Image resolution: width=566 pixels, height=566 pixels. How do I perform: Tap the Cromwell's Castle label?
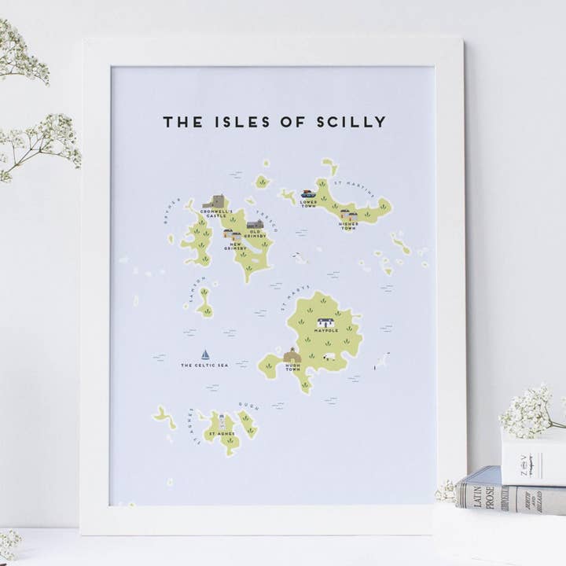(215, 215)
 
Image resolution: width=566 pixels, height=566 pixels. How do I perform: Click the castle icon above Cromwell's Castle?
(213, 201)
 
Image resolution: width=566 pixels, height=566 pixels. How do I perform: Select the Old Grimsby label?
(255, 235)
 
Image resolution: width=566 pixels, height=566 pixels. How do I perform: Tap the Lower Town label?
(308, 204)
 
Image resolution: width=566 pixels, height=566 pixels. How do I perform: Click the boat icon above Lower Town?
(308, 193)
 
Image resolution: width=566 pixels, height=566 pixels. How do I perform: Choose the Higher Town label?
(348, 226)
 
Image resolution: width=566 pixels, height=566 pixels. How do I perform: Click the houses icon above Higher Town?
(348, 214)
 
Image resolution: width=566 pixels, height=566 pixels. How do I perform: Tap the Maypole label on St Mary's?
(325, 331)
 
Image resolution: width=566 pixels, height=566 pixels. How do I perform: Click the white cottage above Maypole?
(325, 322)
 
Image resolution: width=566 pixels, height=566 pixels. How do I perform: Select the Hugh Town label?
(292, 367)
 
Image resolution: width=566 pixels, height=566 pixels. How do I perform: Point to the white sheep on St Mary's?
(329, 356)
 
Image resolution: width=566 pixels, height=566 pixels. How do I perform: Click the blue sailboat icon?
(205, 355)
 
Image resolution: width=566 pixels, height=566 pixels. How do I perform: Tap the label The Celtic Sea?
(204, 366)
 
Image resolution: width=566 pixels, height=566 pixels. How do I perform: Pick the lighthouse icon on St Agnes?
(222, 421)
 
